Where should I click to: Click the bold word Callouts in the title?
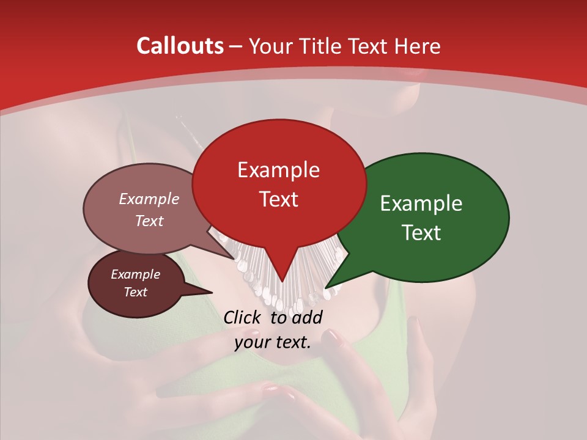point(180,46)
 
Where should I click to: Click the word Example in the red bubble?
point(278,170)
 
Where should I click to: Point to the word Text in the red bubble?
point(278,199)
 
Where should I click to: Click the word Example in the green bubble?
point(421,204)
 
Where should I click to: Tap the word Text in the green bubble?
point(421,233)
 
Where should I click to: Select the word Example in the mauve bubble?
point(149,199)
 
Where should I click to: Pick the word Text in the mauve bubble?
point(149,221)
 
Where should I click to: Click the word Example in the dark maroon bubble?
point(136,274)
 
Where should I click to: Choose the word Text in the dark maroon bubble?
point(136,292)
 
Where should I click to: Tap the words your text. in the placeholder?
point(273,342)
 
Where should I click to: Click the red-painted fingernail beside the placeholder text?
point(331,335)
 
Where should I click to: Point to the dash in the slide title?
point(236,46)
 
